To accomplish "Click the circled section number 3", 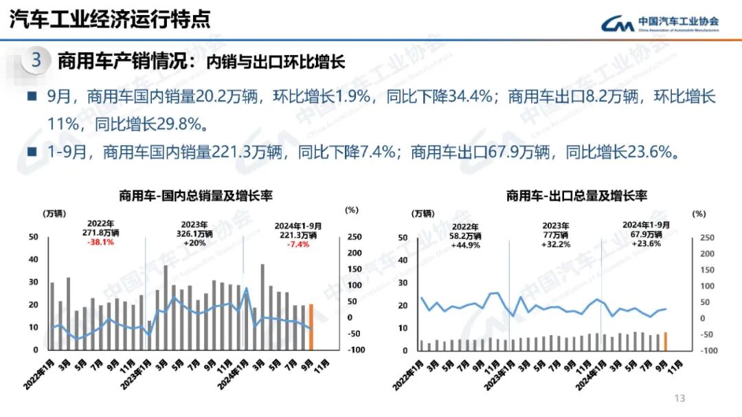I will click(36, 60).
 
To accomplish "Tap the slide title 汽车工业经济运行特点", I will click(110, 19).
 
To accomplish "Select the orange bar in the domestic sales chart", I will click(311, 327).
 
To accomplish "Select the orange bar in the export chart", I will click(665, 341).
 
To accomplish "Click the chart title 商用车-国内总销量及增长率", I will click(196, 196).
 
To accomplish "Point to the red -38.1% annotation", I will click(100, 242).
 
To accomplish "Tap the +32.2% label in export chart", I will click(556, 244).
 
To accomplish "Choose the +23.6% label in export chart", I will click(646, 243).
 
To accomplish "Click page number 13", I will click(680, 398).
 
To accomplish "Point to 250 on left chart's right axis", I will click(354, 237).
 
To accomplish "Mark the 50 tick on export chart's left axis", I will click(404, 238).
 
